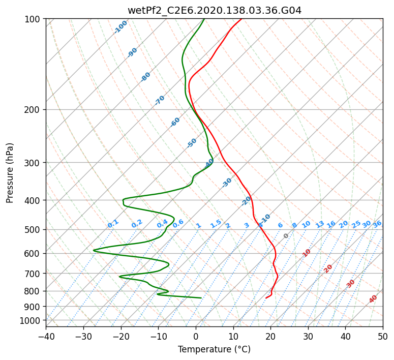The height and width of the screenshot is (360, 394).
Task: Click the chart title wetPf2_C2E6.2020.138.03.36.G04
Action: coord(214,10)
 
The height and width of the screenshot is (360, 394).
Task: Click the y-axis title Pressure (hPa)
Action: coord(10,173)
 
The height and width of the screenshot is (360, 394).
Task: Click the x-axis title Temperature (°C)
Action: coord(214,349)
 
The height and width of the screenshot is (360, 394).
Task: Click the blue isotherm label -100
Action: coord(121,27)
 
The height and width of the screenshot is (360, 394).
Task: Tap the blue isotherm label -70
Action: coord(160,100)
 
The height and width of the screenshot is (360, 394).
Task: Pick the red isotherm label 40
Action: coord(373,299)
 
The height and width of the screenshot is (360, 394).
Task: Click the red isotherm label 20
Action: coord(328,268)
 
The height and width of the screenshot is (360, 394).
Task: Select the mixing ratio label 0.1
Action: coord(113,224)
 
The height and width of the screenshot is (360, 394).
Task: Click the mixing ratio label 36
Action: coord(377,224)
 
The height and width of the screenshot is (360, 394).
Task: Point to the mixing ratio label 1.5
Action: coord(216,224)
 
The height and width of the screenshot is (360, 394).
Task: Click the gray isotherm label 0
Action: coord(286,236)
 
